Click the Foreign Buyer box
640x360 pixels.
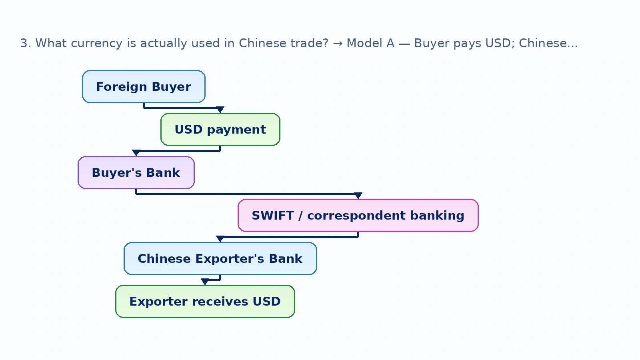(x=144, y=86)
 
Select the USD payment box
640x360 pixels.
(x=220, y=130)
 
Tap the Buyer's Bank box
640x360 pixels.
(x=136, y=172)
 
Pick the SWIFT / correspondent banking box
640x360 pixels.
(x=358, y=216)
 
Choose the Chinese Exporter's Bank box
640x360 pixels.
(x=220, y=258)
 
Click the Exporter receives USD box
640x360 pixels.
(x=205, y=302)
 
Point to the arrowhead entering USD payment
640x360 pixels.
(x=220, y=110)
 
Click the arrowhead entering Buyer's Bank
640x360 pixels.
(x=136, y=153)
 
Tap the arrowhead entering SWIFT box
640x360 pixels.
(x=358, y=196)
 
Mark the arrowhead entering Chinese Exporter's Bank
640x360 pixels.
(x=220, y=239)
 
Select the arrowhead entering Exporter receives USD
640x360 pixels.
(x=205, y=282)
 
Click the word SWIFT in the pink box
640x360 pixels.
(x=273, y=216)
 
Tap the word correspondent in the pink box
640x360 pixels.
(x=356, y=216)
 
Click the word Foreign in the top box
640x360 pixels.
(x=122, y=86)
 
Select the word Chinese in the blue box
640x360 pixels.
(x=164, y=258)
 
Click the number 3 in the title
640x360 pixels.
(x=24, y=44)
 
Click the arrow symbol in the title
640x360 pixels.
(x=338, y=44)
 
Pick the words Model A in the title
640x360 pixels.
(x=370, y=43)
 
